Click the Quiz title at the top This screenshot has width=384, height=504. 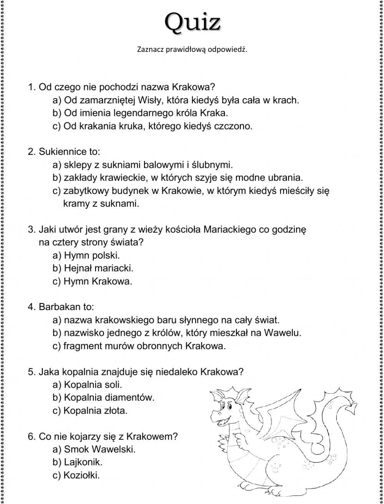193,22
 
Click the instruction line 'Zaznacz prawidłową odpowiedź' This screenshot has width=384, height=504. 192,50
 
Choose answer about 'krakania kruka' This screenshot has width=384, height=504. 152,126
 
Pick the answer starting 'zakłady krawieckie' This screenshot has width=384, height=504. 178,178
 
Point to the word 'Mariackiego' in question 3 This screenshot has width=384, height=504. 228,229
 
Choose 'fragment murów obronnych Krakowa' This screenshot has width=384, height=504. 139,346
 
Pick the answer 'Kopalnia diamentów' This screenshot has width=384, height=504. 103,398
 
